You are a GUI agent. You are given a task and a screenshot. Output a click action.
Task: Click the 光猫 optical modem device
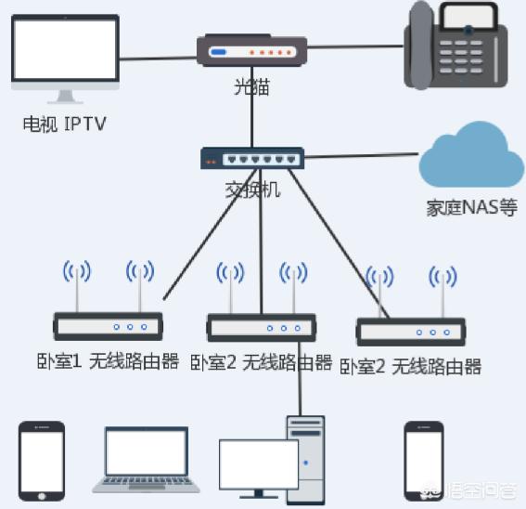(251, 50)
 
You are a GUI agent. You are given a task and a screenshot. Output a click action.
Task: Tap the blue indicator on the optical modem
(218, 52)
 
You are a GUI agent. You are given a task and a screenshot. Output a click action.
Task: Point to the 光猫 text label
(251, 87)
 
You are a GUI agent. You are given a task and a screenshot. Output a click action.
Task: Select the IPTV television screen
(66, 49)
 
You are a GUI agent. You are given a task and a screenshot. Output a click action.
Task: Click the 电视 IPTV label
(64, 124)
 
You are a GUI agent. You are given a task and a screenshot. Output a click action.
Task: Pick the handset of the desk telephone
(421, 45)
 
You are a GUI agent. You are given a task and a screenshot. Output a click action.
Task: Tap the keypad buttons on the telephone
(461, 57)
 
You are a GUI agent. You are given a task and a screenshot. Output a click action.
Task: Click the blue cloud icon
(471, 154)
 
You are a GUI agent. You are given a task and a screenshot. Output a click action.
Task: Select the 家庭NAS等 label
(471, 208)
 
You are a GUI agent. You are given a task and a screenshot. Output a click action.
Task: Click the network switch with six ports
(252, 158)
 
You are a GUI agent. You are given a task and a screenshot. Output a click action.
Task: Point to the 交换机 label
(252, 189)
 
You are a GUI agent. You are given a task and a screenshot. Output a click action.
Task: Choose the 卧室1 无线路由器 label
(108, 361)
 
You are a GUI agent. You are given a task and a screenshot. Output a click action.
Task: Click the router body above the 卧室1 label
(109, 326)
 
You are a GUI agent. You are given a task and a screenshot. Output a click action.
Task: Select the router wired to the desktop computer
(262, 328)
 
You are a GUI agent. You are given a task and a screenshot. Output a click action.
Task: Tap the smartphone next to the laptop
(42, 461)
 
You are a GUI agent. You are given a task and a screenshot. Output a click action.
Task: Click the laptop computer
(147, 460)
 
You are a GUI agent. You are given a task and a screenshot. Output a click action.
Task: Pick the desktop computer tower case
(306, 461)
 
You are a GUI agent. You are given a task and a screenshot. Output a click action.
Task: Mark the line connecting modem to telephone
(355, 46)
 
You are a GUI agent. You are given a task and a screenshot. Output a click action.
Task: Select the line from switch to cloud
(361, 155)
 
